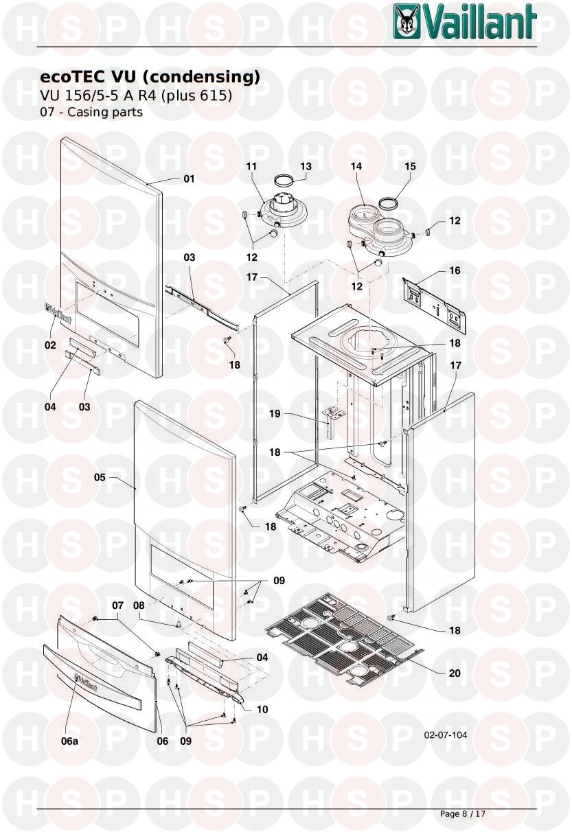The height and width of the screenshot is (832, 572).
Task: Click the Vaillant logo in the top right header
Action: point(465,22)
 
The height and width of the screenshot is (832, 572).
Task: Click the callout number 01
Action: point(189,179)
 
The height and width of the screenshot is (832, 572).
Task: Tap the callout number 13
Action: point(306,166)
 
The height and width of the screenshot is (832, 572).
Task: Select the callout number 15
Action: point(410,166)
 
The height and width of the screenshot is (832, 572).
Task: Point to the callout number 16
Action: point(455,270)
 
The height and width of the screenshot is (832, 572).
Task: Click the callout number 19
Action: point(275,413)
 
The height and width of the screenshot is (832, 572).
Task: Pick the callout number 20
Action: point(455,673)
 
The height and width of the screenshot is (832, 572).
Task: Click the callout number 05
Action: point(100,477)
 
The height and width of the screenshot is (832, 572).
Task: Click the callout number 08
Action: point(139,605)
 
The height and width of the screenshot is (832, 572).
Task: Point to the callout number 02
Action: point(50,345)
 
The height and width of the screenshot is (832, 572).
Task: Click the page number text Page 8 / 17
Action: point(462,813)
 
